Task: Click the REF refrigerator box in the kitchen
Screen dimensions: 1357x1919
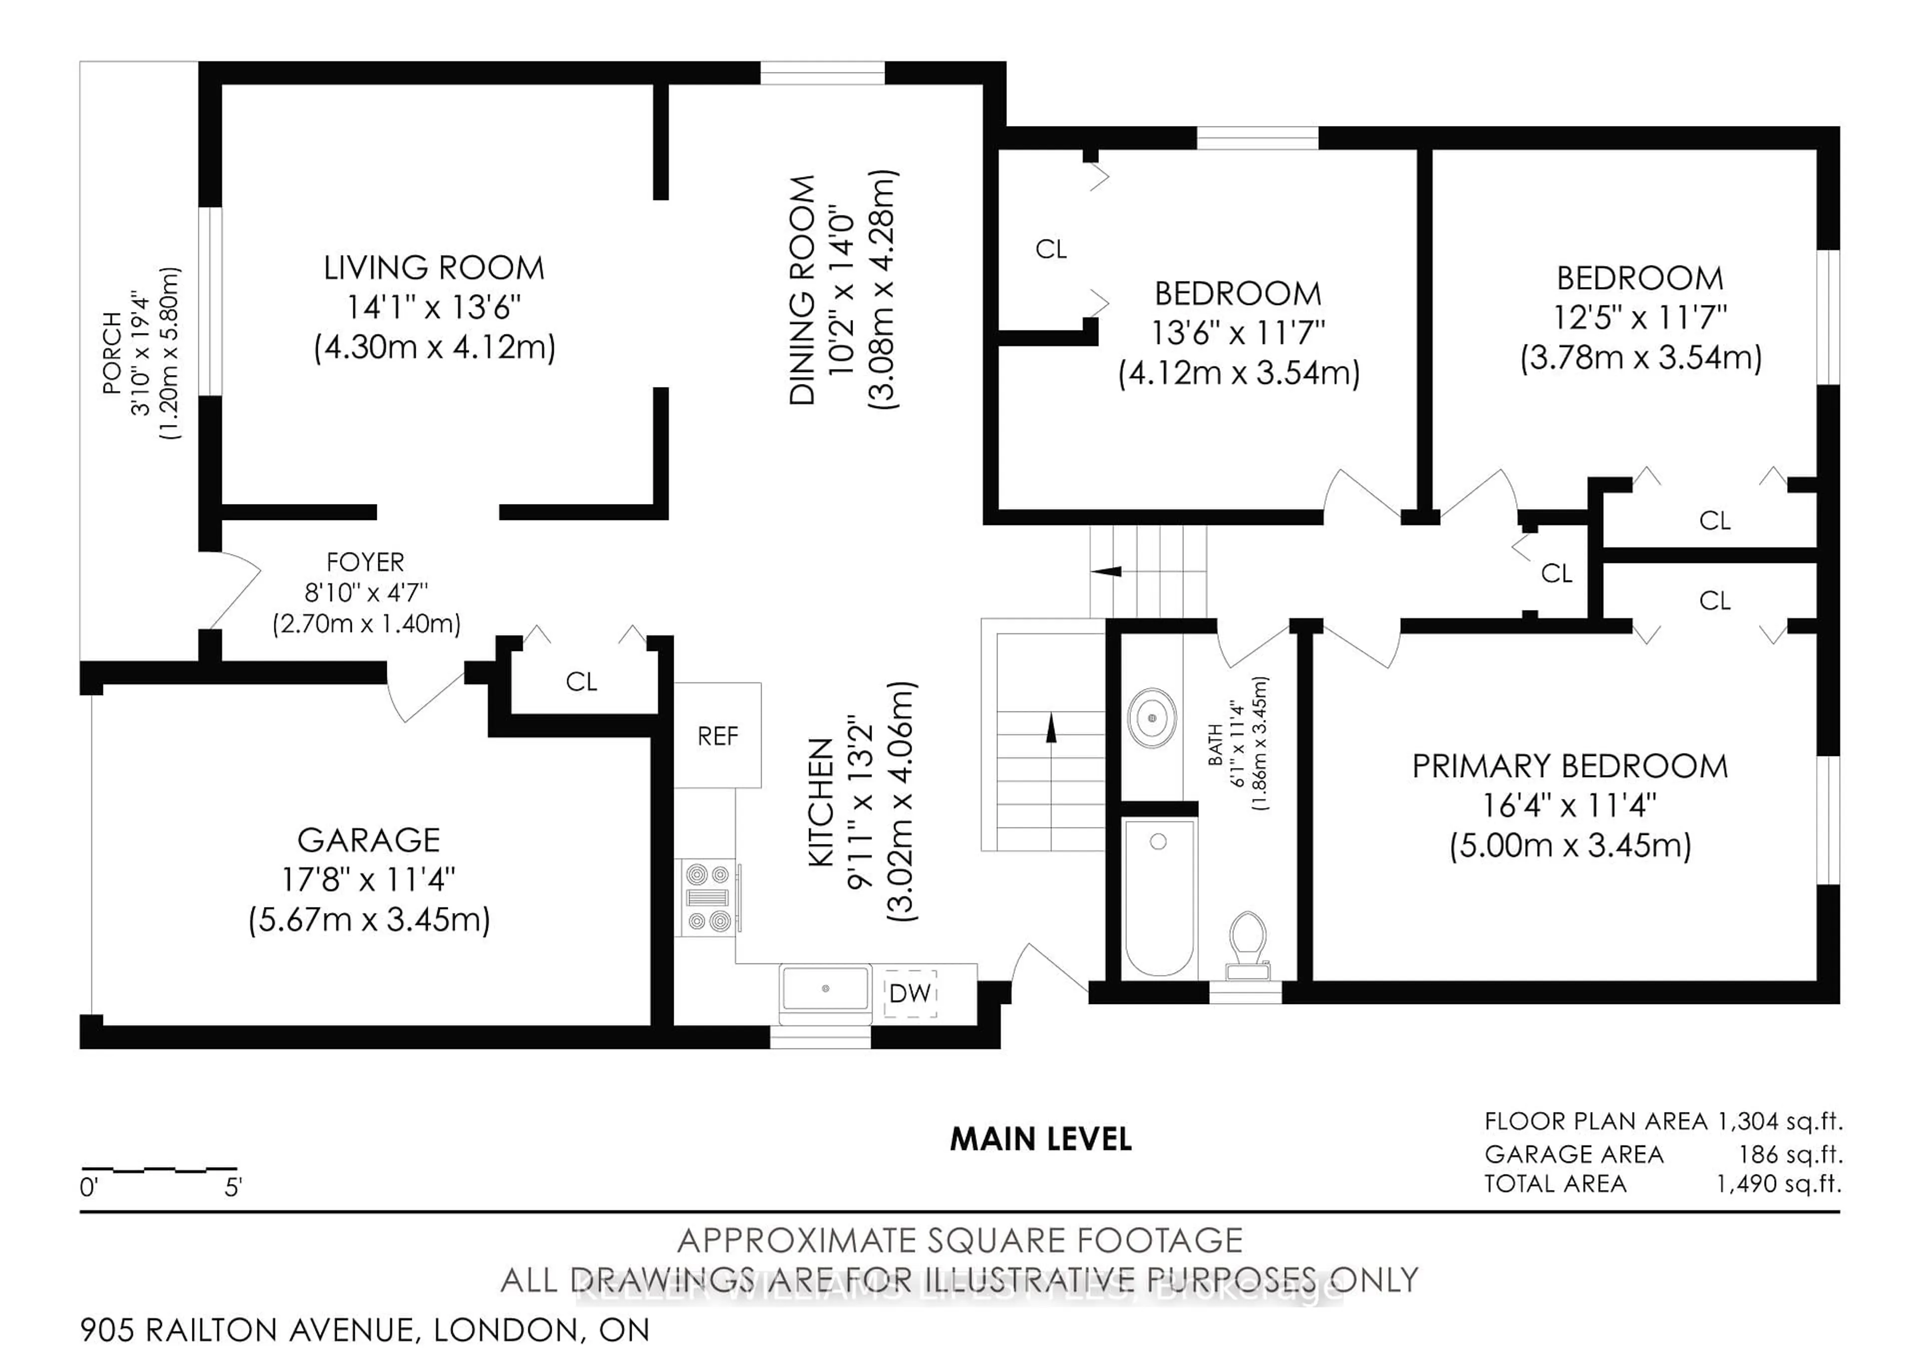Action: click(x=717, y=736)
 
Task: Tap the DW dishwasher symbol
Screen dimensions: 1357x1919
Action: click(x=910, y=993)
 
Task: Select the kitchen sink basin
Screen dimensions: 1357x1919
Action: click(x=825, y=988)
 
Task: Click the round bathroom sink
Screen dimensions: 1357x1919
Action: click(x=1152, y=718)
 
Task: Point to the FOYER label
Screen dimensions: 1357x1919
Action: click(x=365, y=562)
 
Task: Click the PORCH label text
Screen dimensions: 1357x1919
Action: click(x=111, y=353)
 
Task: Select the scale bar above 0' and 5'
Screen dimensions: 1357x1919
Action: click(x=159, y=1169)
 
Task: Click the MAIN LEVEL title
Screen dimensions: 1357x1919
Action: click(x=1040, y=1139)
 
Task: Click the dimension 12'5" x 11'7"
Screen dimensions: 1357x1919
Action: click(x=1640, y=317)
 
